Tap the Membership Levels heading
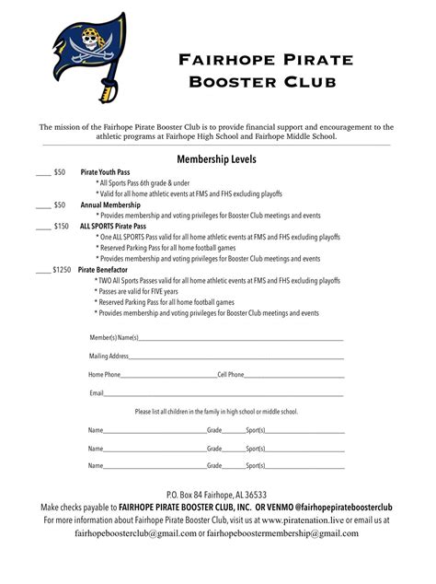point(217,158)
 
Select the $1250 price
point(62,270)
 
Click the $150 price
point(61,226)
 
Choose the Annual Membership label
point(109,204)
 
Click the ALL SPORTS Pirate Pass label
point(113,226)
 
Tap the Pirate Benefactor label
point(108,270)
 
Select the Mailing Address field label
point(109,356)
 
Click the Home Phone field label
point(104,375)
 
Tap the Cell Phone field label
point(230,375)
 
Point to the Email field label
point(96,393)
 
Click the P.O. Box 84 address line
point(217,495)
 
